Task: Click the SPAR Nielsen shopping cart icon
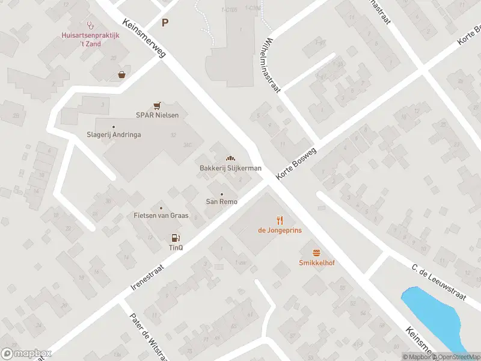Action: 157,105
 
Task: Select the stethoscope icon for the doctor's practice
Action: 91,25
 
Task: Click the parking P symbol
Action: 165,23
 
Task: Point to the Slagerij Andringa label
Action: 114,135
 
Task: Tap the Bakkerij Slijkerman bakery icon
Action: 230,158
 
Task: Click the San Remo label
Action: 222,202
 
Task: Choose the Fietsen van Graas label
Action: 161,215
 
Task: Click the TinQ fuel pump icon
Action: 175,238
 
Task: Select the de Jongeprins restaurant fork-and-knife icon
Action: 280,220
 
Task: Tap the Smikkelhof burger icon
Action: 316,253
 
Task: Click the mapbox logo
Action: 26,354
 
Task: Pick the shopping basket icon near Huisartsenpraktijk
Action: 122,75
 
